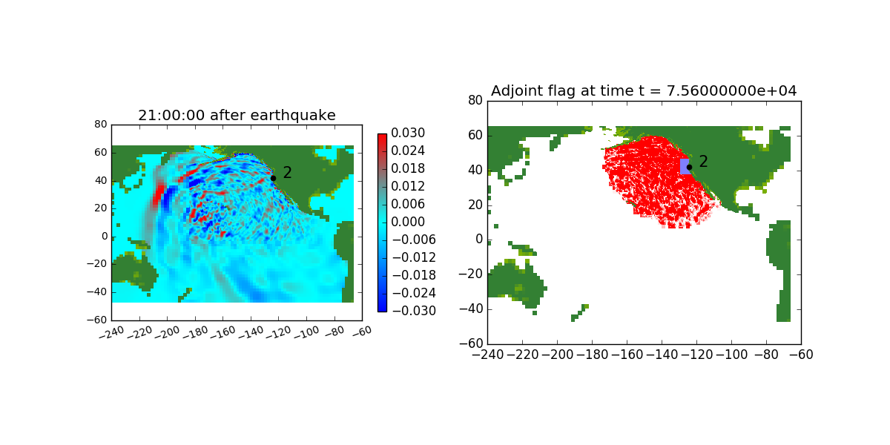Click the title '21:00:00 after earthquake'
(237, 115)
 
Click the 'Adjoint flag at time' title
(644, 90)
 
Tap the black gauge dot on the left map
(273, 178)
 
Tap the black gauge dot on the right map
(689, 167)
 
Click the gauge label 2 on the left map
(287, 173)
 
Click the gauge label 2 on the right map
(703, 162)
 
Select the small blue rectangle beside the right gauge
(684, 166)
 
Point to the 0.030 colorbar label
(407, 133)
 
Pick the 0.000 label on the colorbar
(407, 222)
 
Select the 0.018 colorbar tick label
(407, 169)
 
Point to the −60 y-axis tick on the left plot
(99, 320)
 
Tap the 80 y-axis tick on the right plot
(475, 100)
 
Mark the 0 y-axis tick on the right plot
(478, 240)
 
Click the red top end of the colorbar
(382, 136)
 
